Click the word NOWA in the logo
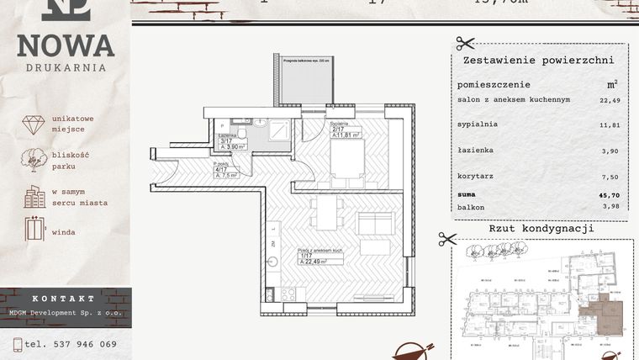(x=66, y=45)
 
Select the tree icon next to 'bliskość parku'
(x=34, y=160)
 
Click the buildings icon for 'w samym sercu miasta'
(x=34, y=197)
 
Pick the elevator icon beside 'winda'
(x=34, y=229)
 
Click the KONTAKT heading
(x=65, y=299)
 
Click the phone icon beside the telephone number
(x=17, y=344)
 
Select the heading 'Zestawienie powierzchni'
(x=538, y=61)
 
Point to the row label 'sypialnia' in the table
(x=477, y=124)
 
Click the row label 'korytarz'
(x=475, y=177)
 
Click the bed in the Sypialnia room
(x=344, y=164)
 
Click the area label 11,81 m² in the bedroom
(x=346, y=135)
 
